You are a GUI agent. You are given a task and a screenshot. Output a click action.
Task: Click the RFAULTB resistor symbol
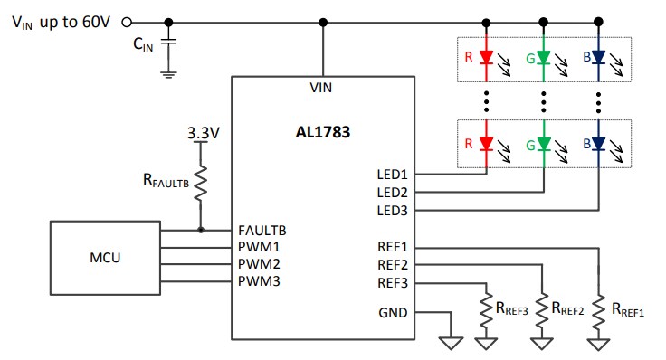(x=201, y=184)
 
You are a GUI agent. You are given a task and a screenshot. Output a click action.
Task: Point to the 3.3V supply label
(x=203, y=132)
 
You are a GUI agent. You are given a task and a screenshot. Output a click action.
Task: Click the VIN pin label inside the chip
(x=322, y=87)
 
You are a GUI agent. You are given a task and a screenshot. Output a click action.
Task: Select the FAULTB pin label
(x=263, y=230)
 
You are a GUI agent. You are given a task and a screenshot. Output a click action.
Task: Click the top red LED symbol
(x=487, y=58)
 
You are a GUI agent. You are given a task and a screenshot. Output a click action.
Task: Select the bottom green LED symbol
(x=543, y=143)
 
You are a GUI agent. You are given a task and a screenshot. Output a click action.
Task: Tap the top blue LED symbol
(x=599, y=58)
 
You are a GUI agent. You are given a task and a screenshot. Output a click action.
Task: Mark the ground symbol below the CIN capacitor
(x=168, y=74)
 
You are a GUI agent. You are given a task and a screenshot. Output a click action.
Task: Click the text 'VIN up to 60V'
(x=60, y=22)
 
